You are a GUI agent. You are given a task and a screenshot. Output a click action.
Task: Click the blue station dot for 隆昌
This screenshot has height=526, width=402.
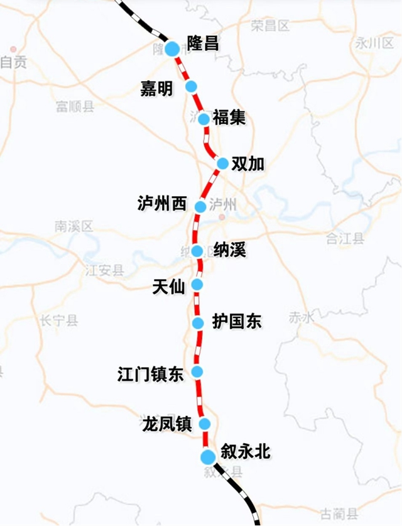(172, 48)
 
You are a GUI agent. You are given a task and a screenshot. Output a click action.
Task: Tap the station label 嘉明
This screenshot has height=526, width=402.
(156, 89)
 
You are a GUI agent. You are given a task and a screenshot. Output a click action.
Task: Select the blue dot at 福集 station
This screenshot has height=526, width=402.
(204, 119)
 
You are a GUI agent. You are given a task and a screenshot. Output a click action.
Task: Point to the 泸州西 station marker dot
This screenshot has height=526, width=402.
(200, 207)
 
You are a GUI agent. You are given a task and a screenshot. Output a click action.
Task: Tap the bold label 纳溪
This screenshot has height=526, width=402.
(229, 250)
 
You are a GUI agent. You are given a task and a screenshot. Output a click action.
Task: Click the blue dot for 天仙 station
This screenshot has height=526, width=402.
(197, 285)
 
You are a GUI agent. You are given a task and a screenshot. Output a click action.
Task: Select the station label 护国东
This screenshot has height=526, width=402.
(237, 322)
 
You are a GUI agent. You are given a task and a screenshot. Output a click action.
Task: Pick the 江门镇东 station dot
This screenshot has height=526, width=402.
(198, 371)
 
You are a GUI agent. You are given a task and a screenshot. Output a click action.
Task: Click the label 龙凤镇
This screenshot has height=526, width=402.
(166, 424)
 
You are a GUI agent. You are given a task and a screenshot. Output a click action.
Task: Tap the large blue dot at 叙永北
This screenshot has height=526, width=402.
(207, 457)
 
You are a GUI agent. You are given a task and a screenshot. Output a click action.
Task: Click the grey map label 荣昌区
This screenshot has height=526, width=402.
(269, 26)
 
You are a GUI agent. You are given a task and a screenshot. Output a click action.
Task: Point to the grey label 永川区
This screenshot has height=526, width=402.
(373, 43)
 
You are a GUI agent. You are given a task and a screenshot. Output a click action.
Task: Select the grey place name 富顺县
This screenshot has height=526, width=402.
(75, 106)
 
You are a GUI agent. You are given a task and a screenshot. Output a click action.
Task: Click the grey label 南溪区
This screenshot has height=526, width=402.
(73, 226)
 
